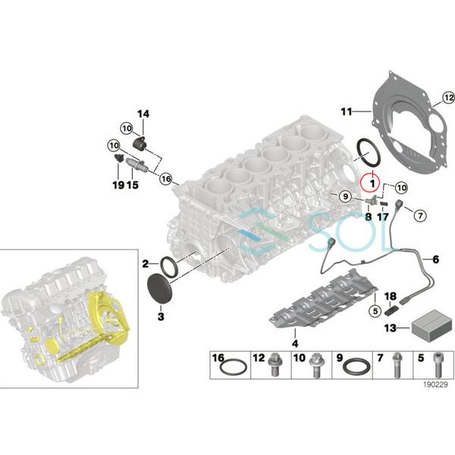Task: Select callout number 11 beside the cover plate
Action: pyautogui.click(x=347, y=112)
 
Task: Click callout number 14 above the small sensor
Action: pyautogui.click(x=143, y=114)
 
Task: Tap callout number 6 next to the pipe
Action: pyautogui.click(x=435, y=259)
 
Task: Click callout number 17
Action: pyautogui.click(x=383, y=216)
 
